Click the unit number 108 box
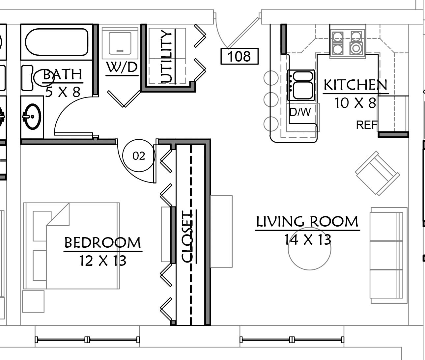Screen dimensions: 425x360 [239, 56]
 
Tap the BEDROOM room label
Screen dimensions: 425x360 [102, 243]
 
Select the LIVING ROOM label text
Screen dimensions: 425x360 [307, 222]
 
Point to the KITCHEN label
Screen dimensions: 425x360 [355, 85]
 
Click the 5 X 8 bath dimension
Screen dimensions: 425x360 [63, 92]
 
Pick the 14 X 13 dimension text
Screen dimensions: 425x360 [308, 240]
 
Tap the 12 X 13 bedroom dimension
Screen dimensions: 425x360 [103, 261]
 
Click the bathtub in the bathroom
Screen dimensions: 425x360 [57, 42]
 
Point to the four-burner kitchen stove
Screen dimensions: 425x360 [348, 43]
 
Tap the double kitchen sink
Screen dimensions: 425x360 [301, 85]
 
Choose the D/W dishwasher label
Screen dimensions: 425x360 [300, 112]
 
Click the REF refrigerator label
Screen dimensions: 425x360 [367, 125]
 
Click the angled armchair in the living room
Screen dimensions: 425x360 [378, 173]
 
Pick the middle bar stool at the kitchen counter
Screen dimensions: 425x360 [271, 99]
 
